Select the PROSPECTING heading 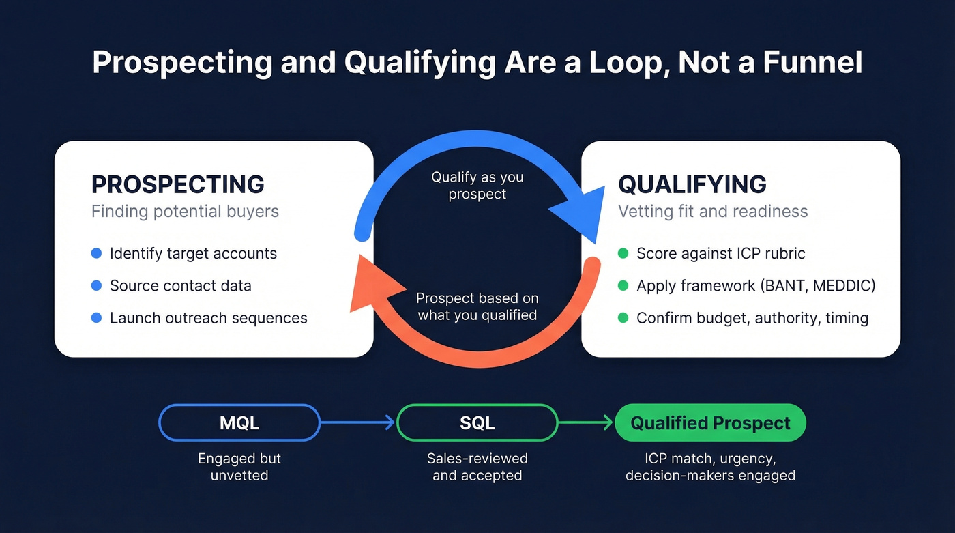coord(178,184)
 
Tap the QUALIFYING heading coord(692,184)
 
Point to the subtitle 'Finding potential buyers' coord(185,212)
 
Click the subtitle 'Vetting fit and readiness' coord(712,212)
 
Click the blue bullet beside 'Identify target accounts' coord(96,254)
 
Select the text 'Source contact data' coord(180,286)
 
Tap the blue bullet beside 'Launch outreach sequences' coord(96,318)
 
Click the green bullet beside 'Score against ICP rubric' coord(622,254)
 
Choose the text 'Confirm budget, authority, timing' coord(752,318)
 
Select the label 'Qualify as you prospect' coord(477,186)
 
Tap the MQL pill coord(239,423)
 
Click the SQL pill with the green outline coord(477,423)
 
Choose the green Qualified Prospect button coord(710,423)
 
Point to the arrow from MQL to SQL coord(357,423)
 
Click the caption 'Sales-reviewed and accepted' coord(477,467)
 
